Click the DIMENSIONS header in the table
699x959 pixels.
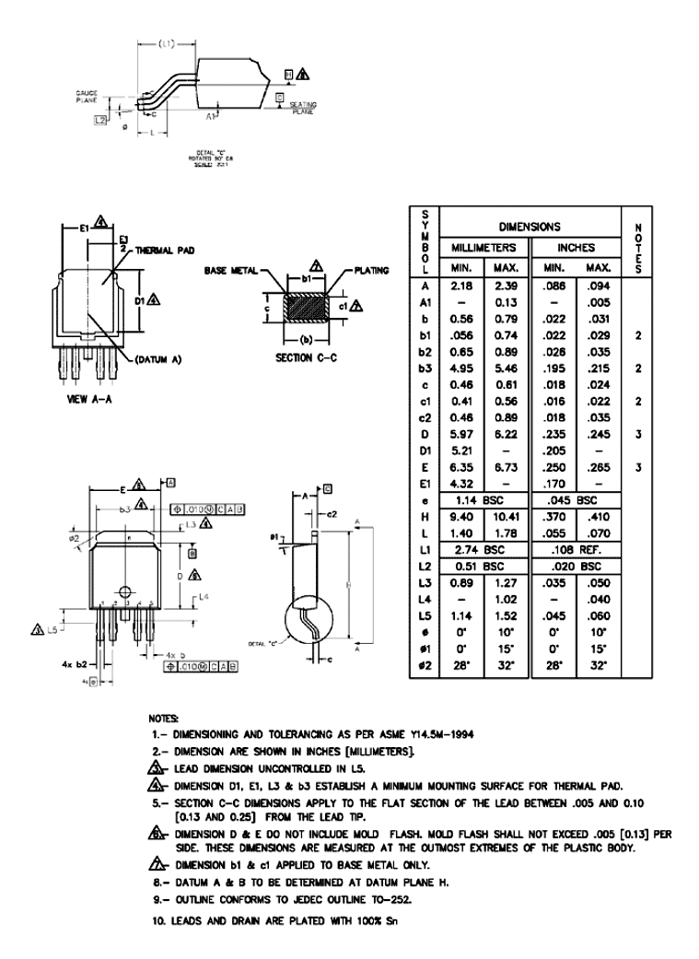pos(530,226)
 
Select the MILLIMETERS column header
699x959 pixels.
pos(484,247)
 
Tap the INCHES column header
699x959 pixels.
pos(576,247)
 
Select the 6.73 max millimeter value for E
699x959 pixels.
pos(507,466)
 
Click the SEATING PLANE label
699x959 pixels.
pos(303,109)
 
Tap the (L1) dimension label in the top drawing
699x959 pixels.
pos(167,43)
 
